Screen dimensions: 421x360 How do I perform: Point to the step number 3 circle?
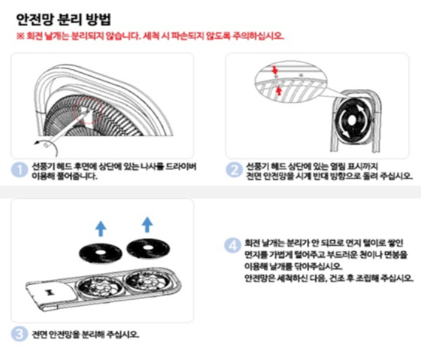[21, 333]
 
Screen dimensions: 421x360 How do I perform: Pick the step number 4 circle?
[231, 245]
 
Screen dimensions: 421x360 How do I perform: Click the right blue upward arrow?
[146, 225]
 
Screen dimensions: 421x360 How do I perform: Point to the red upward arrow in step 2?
[279, 91]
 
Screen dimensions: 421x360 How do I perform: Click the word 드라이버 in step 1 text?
[182, 165]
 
